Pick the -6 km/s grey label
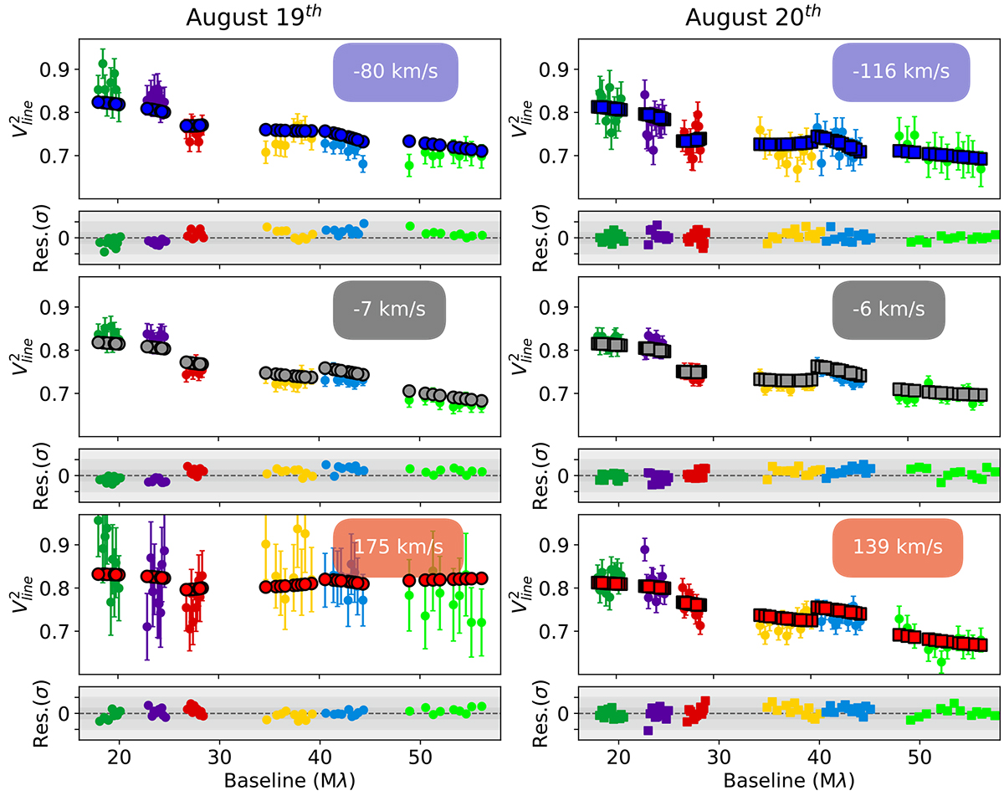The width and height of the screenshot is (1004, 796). (x=889, y=309)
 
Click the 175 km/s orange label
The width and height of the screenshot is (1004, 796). (x=398, y=547)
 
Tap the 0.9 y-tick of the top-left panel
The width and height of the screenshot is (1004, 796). (x=51, y=69)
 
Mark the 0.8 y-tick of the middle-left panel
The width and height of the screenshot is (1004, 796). (x=51, y=350)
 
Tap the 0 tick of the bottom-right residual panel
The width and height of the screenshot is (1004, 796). (x=562, y=713)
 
